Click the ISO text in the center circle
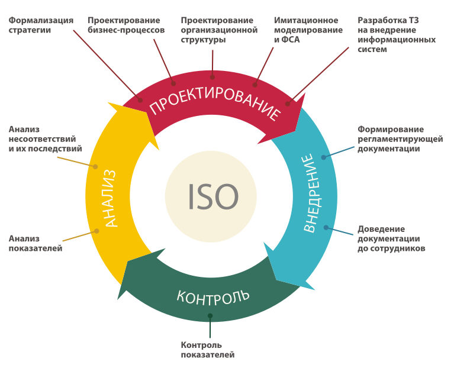212,196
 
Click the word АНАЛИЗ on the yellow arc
114,198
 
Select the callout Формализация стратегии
41,25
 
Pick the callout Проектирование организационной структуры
219,30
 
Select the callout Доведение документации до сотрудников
391,238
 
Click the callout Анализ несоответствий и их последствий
45,139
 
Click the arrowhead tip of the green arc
118,299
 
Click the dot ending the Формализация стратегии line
140,101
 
